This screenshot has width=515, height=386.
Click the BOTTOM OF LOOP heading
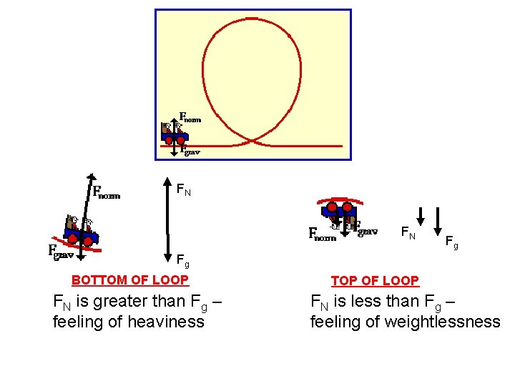tap(130, 280)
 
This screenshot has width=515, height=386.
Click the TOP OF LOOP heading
tap(375, 281)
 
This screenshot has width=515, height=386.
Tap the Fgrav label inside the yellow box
tap(190, 151)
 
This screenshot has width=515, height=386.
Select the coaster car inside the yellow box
tap(175, 133)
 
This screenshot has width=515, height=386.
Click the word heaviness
tap(165, 322)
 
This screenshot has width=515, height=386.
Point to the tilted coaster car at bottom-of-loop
tap(83, 231)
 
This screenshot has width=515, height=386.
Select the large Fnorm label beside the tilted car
tap(107, 192)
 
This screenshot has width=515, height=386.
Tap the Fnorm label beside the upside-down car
tap(322, 234)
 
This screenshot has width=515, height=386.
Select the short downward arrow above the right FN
tap(421, 216)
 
